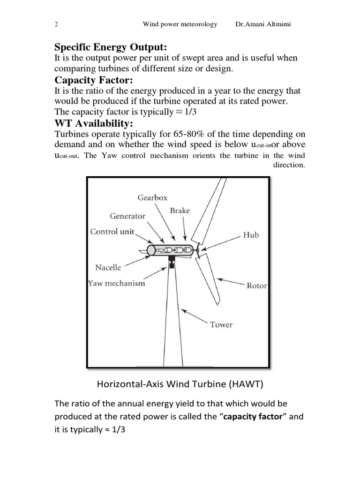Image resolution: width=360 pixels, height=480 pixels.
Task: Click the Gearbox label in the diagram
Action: pyautogui.click(x=152, y=198)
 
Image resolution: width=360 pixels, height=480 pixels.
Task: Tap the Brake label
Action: pyautogui.click(x=180, y=211)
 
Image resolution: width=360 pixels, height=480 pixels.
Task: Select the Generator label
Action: pyautogui.click(x=127, y=216)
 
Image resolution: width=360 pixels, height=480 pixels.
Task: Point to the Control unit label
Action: pyautogui.click(x=112, y=232)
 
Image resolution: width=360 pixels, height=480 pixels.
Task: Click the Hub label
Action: pyautogui.click(x=251, y=235)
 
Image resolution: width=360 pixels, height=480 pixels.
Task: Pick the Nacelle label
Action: pyautogui.click(x=108, y=268)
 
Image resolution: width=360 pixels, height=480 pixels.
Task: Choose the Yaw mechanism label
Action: pyautogui.click(x=117, y=283)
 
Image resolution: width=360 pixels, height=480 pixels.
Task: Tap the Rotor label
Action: pyautogui.click(x=256, y=285)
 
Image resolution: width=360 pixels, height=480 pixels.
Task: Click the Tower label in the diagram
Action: pyautogui.click(x=221, y=324)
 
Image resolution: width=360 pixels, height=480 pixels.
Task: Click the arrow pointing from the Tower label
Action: pyautogui.click(x=195, y=316)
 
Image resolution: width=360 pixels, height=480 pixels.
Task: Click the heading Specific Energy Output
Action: pyautogui.click(x=111, y=47)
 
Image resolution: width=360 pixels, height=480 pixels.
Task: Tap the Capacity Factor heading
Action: pyautogui.click(x=94, y=80)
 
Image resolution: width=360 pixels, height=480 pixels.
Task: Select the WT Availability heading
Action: pyautogui.click(x=94, y=123)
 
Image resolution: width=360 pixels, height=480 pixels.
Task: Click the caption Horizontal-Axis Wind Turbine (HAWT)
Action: pyautogui.click(x=180, y=384)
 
